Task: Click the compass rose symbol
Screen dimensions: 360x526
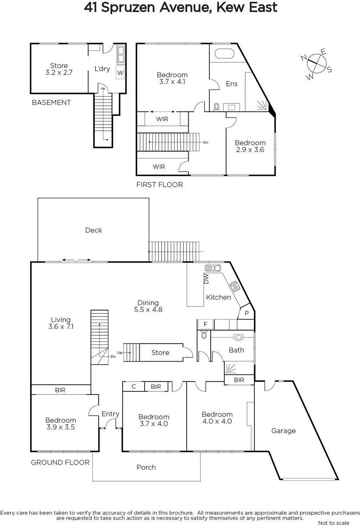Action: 317,64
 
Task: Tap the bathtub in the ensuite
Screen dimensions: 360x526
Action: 225,54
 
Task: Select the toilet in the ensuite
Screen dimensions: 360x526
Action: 216,107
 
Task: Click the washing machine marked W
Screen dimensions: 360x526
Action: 120,73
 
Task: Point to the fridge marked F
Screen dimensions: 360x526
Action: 205,324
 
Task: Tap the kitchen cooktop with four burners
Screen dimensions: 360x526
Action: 235,286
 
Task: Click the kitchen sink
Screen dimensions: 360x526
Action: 213,268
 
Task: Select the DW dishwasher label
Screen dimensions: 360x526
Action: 206,278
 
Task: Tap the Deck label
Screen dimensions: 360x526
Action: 93,230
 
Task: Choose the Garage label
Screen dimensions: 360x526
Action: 283,430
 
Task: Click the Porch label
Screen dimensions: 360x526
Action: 146,467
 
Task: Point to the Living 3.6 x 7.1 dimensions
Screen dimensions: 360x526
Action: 61,327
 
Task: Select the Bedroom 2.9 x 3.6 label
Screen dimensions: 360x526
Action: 250,146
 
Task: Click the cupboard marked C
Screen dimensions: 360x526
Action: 134,386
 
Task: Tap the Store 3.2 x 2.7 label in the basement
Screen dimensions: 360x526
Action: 59,69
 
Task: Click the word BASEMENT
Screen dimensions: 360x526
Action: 51,103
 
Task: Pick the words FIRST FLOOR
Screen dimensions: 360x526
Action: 159,185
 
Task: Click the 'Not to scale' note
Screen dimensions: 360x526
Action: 333,522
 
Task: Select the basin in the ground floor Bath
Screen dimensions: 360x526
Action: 238,337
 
